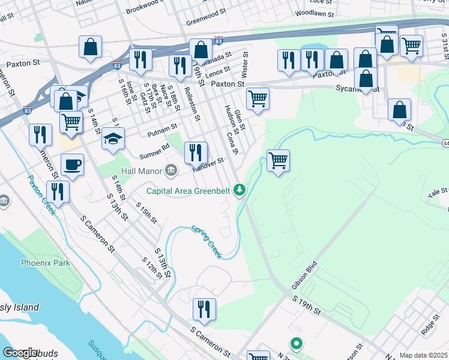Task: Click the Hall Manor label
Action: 142,171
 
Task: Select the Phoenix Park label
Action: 45,263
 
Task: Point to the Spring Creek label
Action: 206,241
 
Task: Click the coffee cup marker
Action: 72,164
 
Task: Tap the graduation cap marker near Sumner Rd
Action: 113,139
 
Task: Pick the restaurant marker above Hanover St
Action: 196,152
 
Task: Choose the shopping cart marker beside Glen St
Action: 258,98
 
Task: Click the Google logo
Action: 20,353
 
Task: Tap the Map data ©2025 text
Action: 423,355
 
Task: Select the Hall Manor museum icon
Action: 171,171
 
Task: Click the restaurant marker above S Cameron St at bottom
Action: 204,309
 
